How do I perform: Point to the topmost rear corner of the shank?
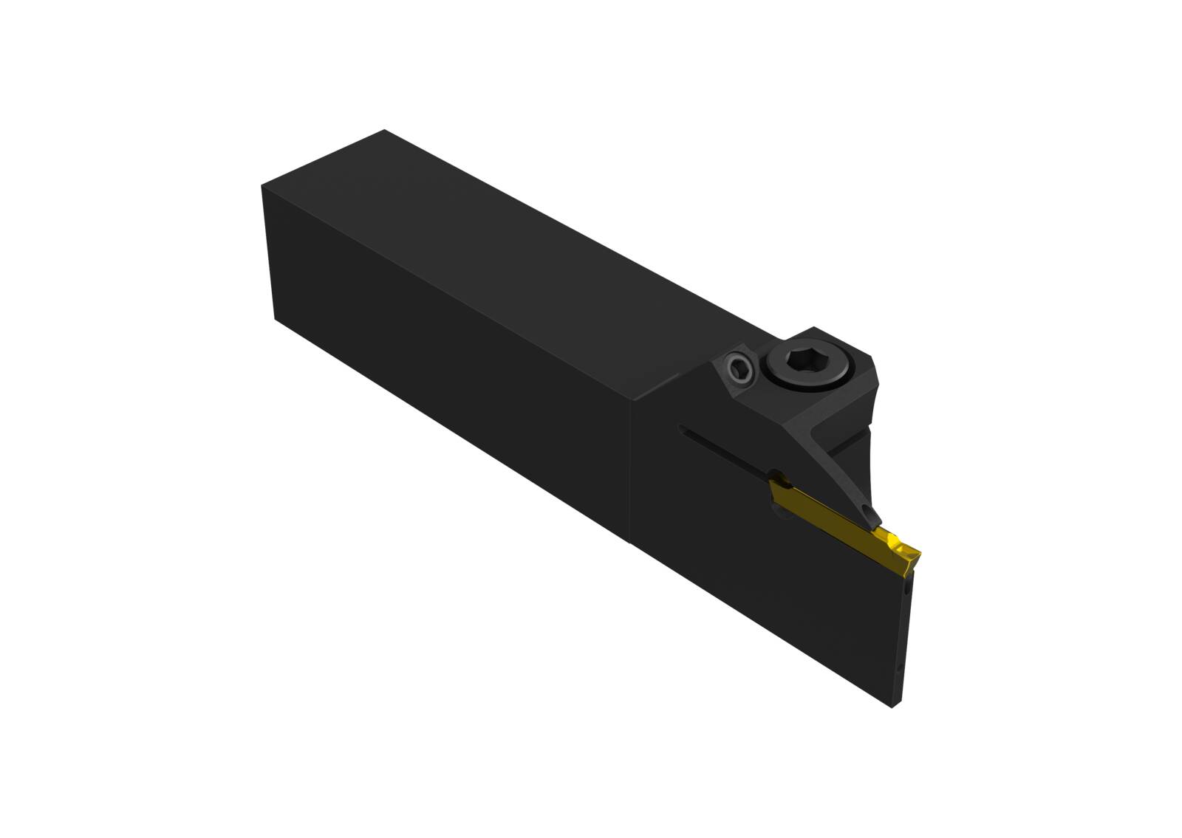pyautogui.click(x=383, y=131)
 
